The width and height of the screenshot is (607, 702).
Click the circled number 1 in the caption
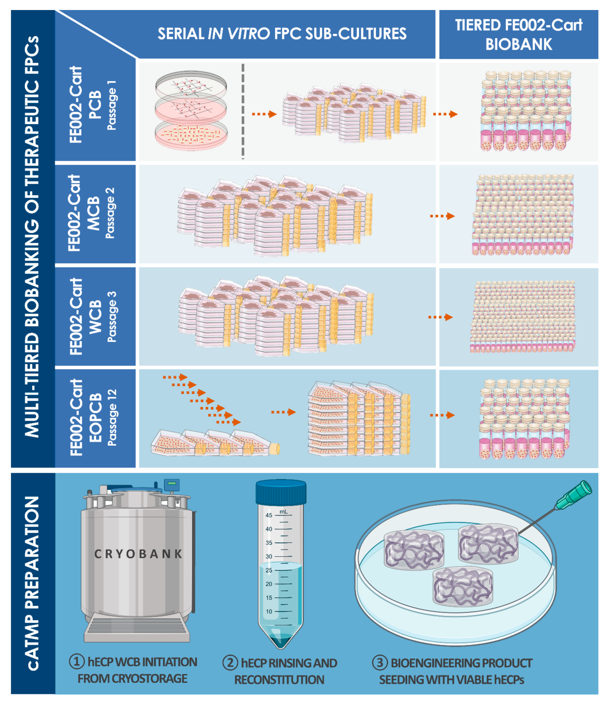tap(77, 661)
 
